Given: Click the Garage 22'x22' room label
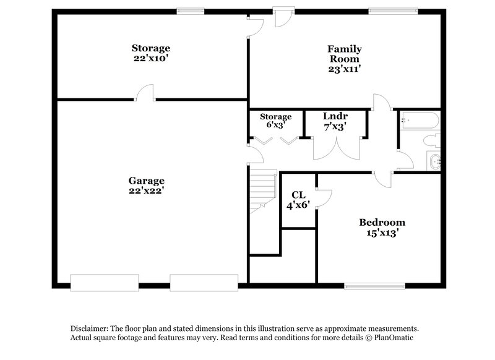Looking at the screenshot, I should click(147, 186).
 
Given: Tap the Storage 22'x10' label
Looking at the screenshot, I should click(150, 53).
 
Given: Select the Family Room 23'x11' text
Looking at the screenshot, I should click(345, 59).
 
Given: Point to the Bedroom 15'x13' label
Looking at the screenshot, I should click(382, 228).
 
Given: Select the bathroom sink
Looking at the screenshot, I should click(434, 162).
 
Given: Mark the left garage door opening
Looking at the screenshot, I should click(104, 283).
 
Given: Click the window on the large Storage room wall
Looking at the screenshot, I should click(190, 11).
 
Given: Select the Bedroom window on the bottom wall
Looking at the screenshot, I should click(374, 286).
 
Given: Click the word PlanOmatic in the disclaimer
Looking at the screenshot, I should click(390, 338).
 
